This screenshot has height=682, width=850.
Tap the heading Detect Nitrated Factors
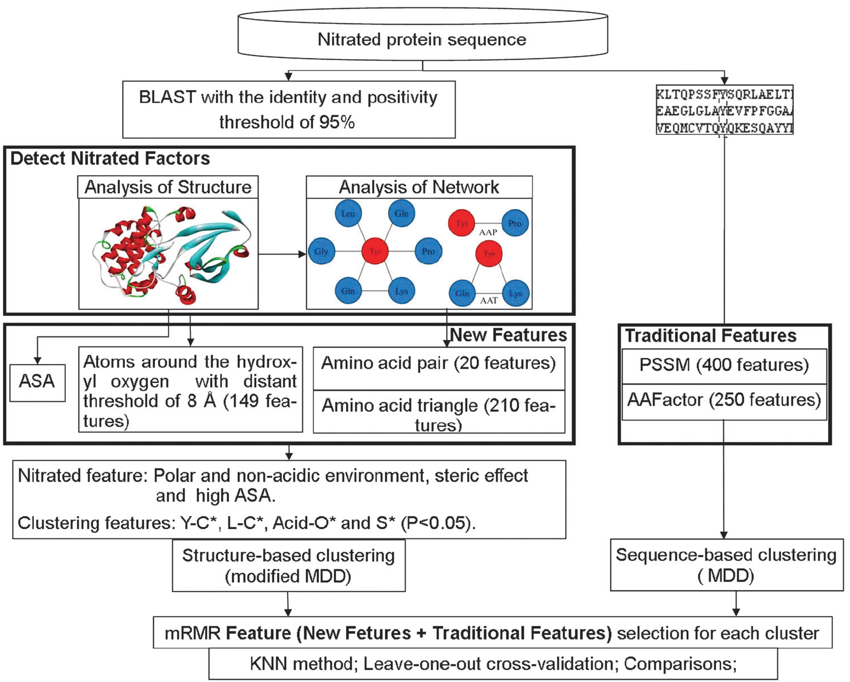click(x=110, y=158)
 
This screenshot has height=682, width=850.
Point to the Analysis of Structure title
click(x=168, y=187)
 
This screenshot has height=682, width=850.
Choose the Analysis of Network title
click(x=419, y=187)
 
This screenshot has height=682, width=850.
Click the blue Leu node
click(x=348, y=214)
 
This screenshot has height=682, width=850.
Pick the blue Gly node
click(x=321, y=252)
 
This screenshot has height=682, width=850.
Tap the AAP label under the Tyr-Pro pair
click(x=488, y=233)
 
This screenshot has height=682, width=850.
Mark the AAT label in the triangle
click(x=489, y=300)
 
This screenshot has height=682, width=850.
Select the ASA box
click(x=37, y=382)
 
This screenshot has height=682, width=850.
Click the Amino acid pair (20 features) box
click(x=438, y=363)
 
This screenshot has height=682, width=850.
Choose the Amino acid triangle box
click(x=438, y=413)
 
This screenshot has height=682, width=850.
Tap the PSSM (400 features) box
click(x=724, y=365)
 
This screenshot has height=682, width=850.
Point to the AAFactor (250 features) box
click(x=724, y=400)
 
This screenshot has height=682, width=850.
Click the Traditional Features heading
click(x=711, y=336)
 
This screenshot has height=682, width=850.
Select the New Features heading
click(x=508, y=335)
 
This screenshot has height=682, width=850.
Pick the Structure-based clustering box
click(x=288, y=566)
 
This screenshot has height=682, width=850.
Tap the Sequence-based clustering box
click(x=726, y=565)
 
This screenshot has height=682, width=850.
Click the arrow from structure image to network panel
click(x=282, y=254)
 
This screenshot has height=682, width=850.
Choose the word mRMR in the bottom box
click(x=193, y=633)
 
